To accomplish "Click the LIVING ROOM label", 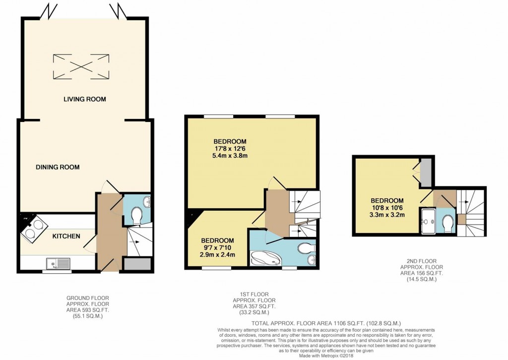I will [x=84, y=99].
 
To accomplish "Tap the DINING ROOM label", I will [x=58, y=167].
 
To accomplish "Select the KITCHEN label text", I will [x=66, y=236].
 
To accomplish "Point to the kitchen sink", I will [x=58, y=263].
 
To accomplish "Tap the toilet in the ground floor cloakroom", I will [x=136, y=215].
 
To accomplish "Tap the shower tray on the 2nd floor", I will [x=428, y=221].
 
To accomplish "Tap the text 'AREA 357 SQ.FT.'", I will [x=254, y=306].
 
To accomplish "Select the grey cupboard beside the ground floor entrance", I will [x=137, y=264].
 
